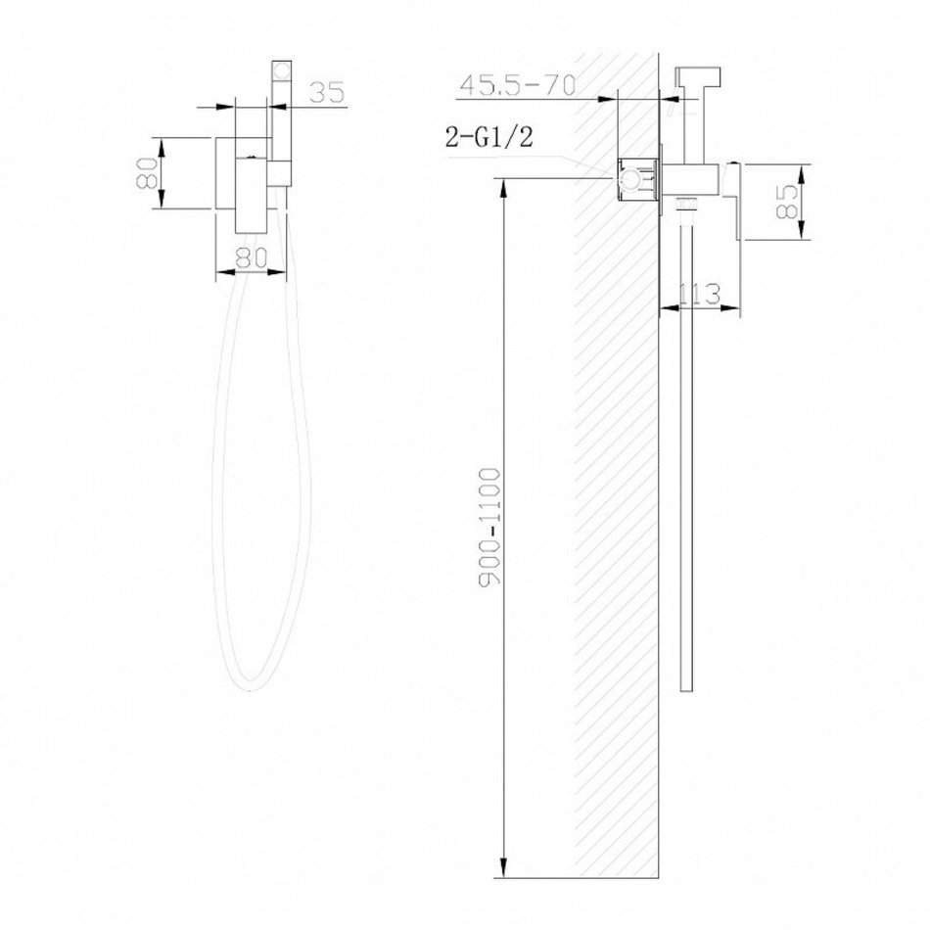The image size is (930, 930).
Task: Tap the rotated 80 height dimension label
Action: click(x=147, y=172)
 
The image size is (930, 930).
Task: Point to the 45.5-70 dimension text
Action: click(x=517, y=85)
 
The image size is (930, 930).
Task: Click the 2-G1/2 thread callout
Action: click(x=489, y=138)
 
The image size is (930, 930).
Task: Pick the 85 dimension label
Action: click(x=788, y=202)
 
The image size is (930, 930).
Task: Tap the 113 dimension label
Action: click(x=699, y=295)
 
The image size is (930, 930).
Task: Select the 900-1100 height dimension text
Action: click(x=489, y=527)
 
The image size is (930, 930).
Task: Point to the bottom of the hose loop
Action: click(x=252, y=688)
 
